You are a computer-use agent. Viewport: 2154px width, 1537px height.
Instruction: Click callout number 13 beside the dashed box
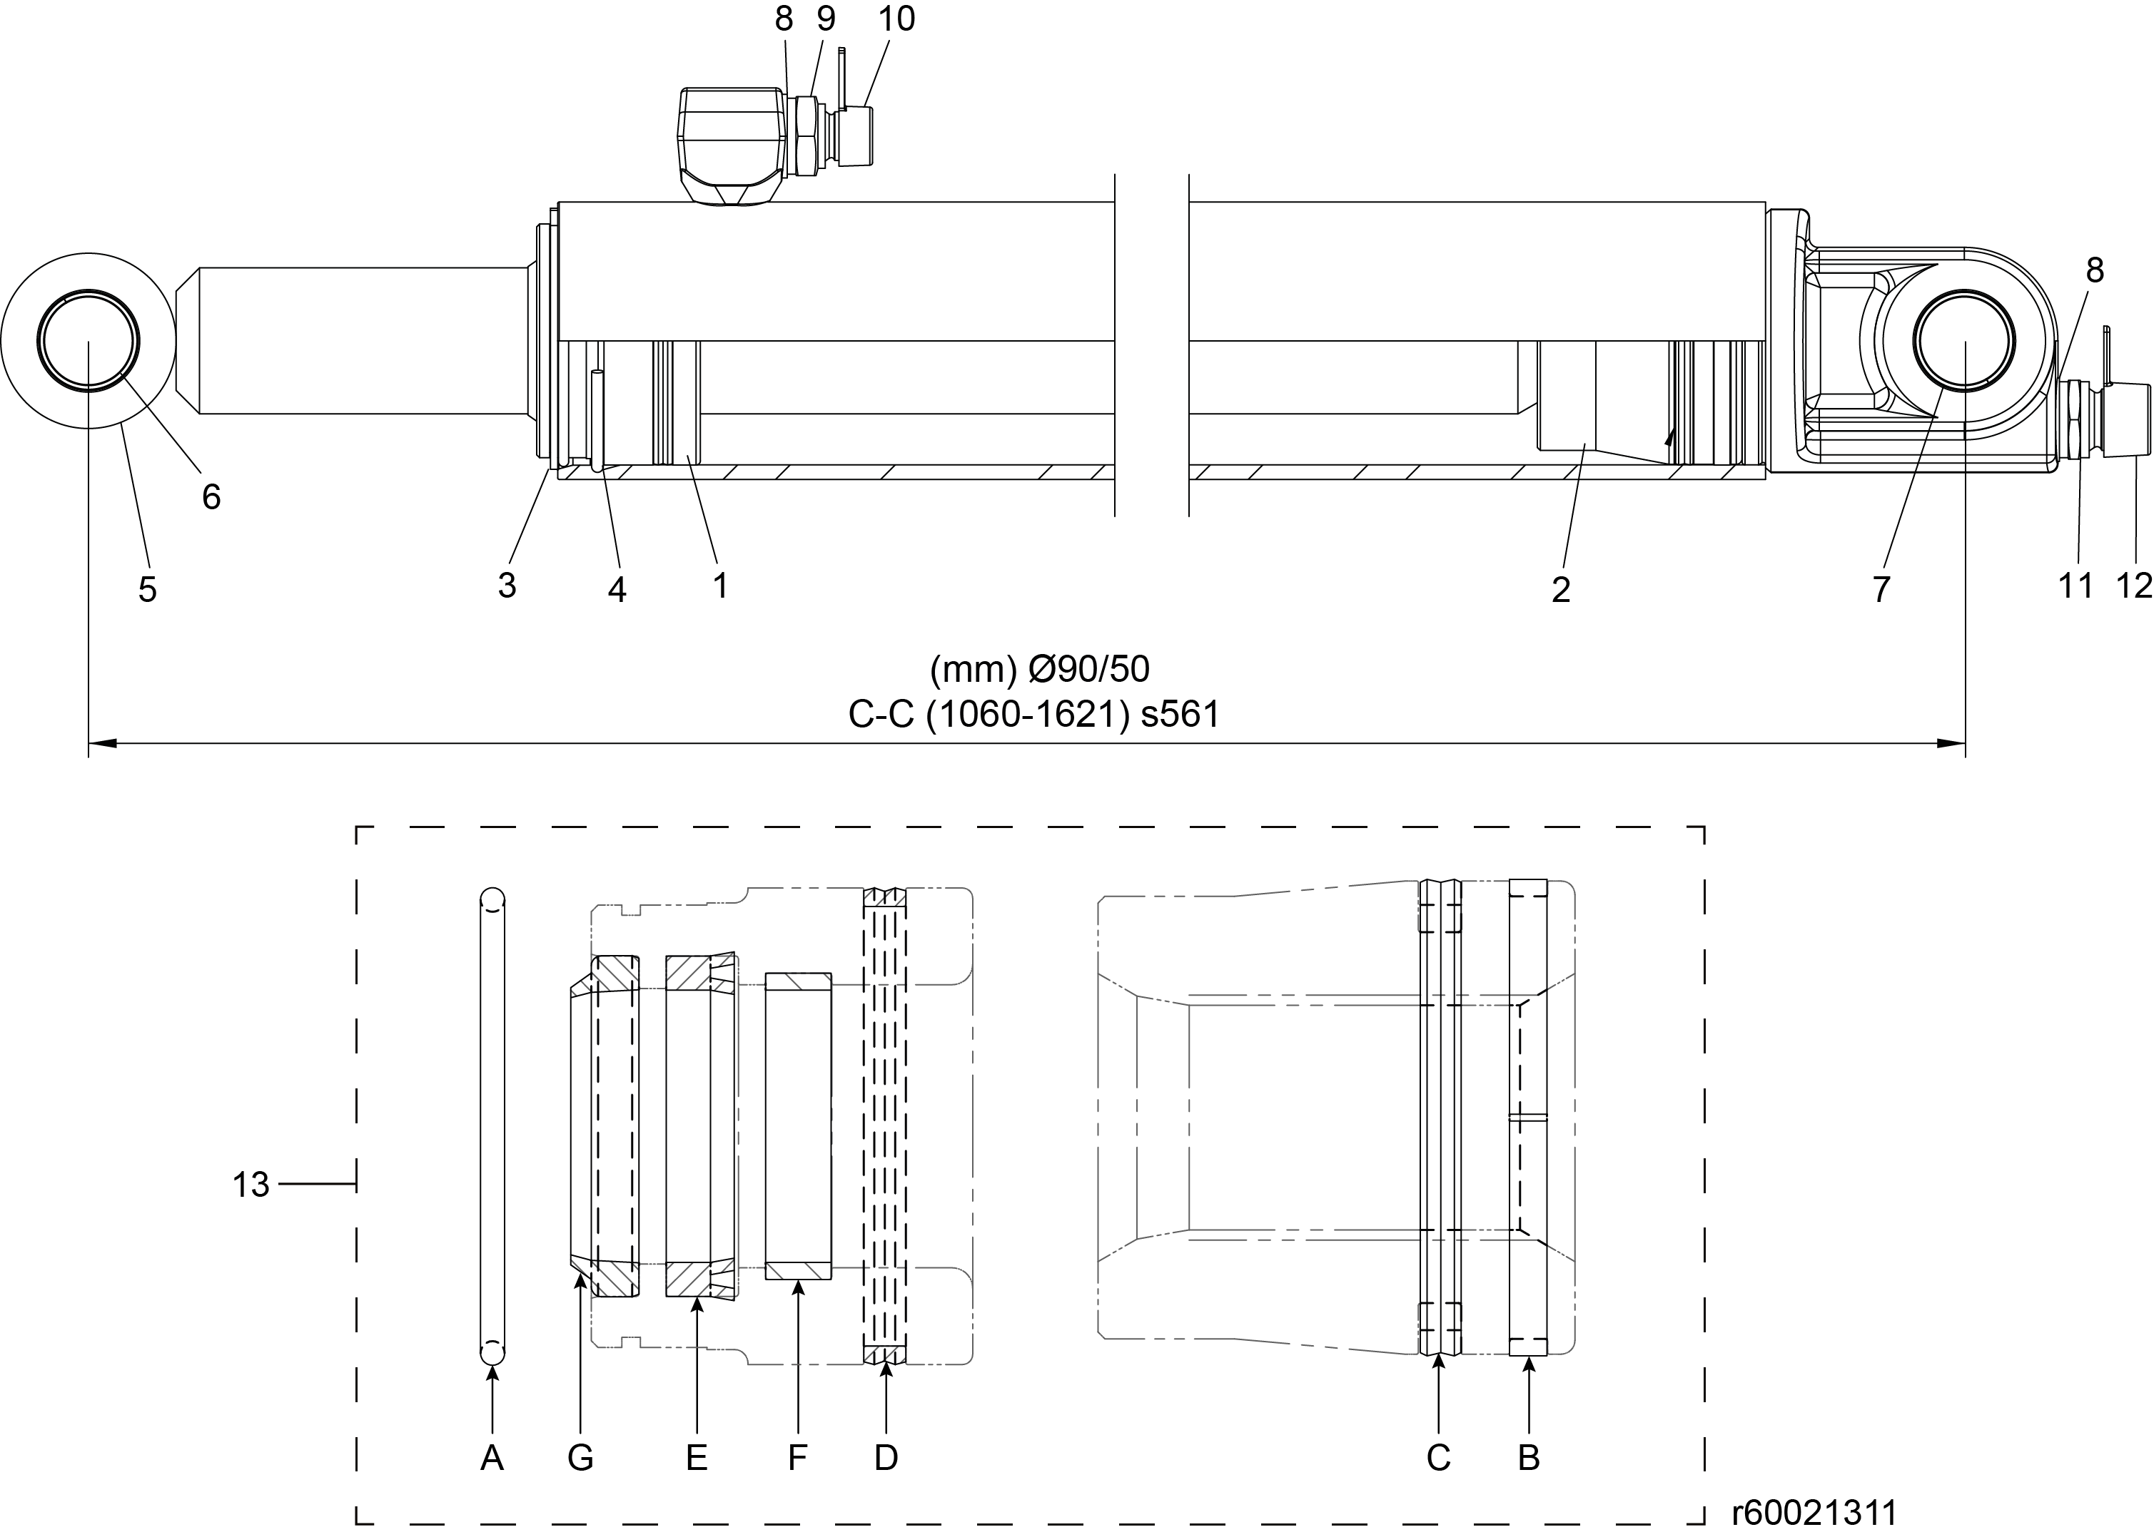(x=251, y=1184)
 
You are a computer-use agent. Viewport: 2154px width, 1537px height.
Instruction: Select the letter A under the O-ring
(x=492, y=1459)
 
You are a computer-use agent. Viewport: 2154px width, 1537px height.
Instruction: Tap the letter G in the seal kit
(x=580, y=1459)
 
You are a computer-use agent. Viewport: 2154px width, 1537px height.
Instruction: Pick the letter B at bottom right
(x=1529, y=1459)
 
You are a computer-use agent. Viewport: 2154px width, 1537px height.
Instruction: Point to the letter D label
(x=886, y=1459)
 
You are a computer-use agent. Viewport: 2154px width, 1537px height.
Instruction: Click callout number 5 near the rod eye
(x=148, y=590)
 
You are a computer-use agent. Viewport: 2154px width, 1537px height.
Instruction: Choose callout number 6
(x=211, y=497)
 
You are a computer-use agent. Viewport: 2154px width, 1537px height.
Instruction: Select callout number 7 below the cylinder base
(x=1881, y=590)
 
